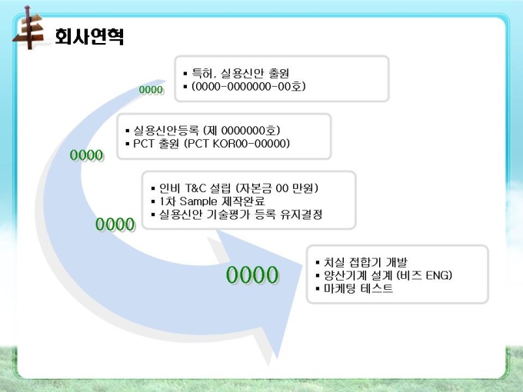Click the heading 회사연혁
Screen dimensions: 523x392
[89, 36]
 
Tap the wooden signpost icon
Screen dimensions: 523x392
[28, 28]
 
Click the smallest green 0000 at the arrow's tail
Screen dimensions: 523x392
[151, 90]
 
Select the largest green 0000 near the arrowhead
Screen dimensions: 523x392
[252, 275]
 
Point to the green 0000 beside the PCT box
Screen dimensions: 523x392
[87, 155]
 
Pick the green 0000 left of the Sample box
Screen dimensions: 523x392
[115, 224]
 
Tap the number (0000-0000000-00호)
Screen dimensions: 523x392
[248, 87]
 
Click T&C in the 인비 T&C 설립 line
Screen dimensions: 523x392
[195, 188]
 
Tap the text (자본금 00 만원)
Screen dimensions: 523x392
[277, 188]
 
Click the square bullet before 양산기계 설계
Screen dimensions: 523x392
[318, 276]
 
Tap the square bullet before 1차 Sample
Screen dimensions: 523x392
[153, 201]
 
